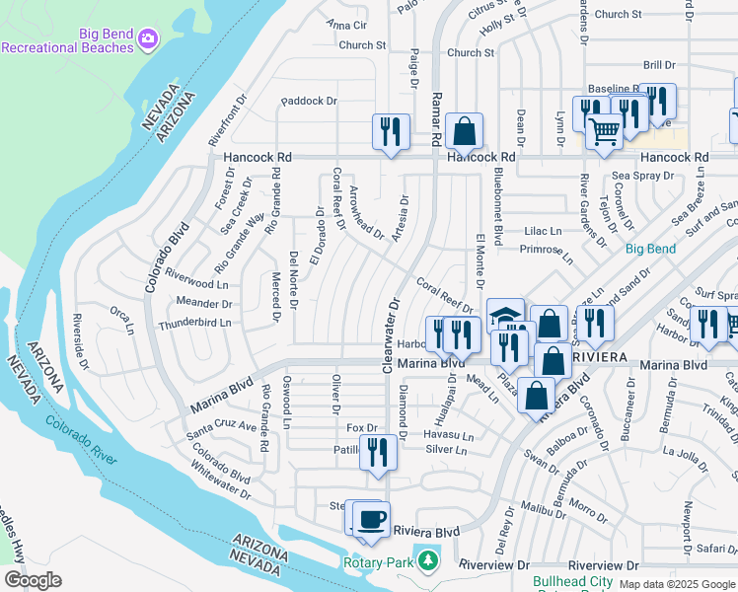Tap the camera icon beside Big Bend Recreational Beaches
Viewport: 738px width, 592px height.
(x=148, y=37)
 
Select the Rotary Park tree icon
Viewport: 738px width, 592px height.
(x=427, y=561)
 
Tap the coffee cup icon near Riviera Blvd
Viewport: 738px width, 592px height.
(x=372, y=519)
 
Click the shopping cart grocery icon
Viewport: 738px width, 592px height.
(x=604, y=129)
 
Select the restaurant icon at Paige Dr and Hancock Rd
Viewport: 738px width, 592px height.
(x=392, y=130)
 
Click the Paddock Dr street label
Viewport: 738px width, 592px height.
(x=309, y=101)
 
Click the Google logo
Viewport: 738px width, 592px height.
(x=34, y=580)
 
